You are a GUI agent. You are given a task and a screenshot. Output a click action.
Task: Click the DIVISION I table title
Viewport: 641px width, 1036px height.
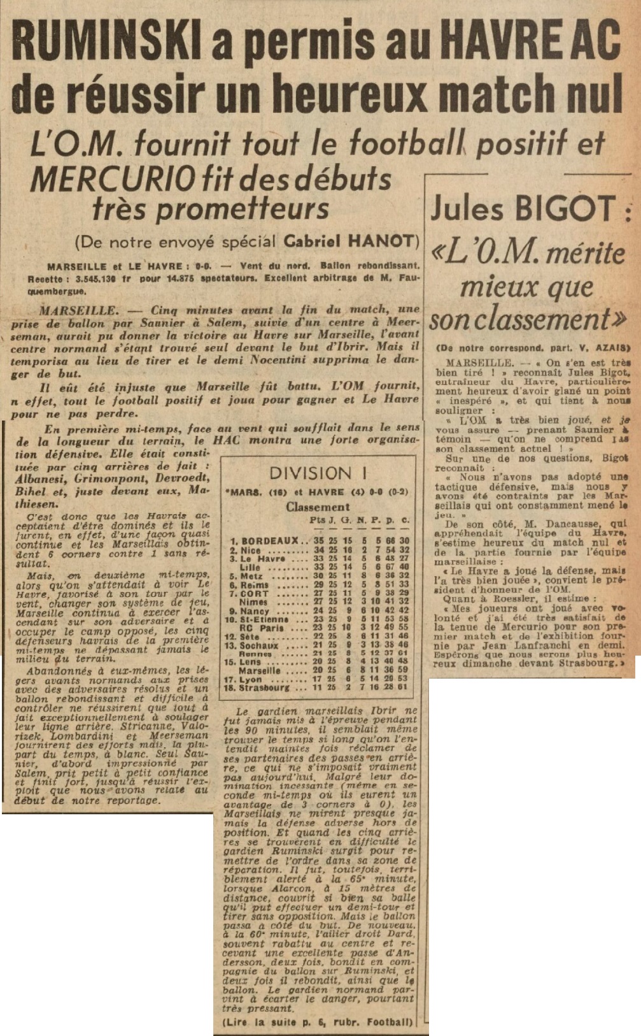[x=319, y=473]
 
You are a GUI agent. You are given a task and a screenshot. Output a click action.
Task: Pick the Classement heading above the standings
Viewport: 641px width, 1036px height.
[x=318, y=507]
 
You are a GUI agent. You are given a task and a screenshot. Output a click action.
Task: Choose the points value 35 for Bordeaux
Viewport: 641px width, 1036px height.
[x=318, y=540]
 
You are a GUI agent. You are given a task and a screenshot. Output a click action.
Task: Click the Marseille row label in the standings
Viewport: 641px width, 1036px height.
[x=260, y=670]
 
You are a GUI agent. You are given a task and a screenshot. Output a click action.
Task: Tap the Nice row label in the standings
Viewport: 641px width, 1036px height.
[x=250, y=550]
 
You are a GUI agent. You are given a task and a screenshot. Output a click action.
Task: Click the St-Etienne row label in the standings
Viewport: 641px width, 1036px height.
[x=264, y=619]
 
